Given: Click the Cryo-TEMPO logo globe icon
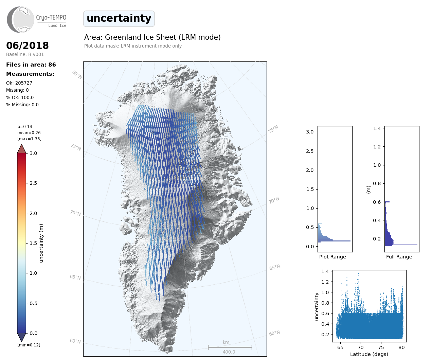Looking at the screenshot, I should click(x=21, y=20).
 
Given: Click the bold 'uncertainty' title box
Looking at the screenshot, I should click(x=119, y=18).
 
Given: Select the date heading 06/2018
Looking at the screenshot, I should click(x=28, y=46).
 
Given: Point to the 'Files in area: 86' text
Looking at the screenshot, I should click(x=31, y=65).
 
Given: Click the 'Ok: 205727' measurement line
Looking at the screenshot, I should click(x=19, y=83).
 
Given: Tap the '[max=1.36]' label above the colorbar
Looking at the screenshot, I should click(x=29, y=139).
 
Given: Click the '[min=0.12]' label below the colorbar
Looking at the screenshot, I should click(x=29, y=345).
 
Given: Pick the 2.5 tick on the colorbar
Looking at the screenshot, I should click(x=33, y=183).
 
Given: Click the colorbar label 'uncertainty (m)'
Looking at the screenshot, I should click(x=41, y=243).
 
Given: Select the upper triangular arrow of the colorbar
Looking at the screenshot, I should click(x=21, y=149).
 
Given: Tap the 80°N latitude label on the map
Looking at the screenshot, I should click(x=77, y=75).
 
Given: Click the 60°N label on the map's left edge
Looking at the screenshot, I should click(x=75, y=341).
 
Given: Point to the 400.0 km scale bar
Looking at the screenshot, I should click(x=230, y=347).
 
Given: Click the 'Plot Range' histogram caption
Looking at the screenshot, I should click(x=332, y=257).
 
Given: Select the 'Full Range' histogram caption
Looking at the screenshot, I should click(x=399, y=257).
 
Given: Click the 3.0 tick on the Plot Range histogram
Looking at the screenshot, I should click(x=310, y=132).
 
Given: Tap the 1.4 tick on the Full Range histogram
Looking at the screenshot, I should click(x=377, y=128).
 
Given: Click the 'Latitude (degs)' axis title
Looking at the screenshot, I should click(x=369, y=354).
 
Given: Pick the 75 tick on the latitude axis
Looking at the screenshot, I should click(x=381, y=347).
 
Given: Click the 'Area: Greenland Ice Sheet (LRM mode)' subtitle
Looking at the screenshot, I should click(x=152, y=37).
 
